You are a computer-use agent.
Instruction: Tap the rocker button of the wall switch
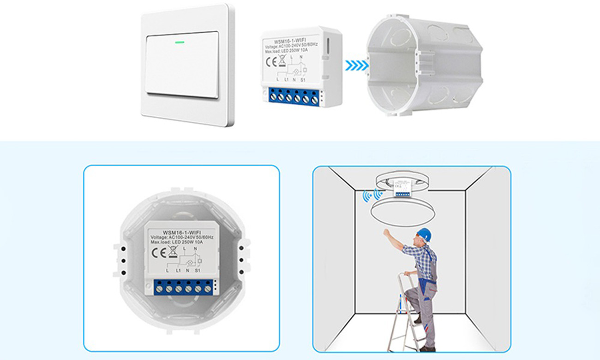(182, 65)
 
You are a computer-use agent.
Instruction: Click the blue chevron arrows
(356, 66)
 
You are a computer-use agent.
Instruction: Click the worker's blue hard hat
(424, 234)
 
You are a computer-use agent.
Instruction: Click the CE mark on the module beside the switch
(271, 61)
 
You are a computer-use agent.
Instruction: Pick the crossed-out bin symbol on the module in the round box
(173, 252)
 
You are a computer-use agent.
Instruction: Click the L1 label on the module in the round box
(178, 270)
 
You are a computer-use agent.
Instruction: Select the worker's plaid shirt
(418, 256)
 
